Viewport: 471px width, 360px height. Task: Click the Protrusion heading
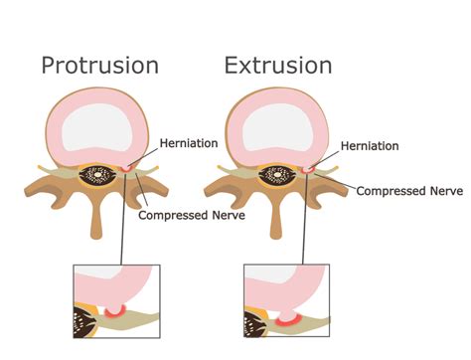click(x=100, y=66)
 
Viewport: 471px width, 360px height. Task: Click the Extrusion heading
click(x=278, y=66)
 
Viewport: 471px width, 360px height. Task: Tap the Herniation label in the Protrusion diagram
click(x=189, y=143)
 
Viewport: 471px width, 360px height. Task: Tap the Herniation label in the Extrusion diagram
click(x=370, y=146)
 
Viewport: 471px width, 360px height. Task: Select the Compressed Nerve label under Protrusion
click(x=192, y=215)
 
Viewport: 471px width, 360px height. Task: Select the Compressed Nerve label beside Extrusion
click(x=409, y=191)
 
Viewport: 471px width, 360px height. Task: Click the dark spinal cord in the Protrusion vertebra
click(x=97, y=174)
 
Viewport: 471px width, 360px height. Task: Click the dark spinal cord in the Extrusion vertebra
click(x=277, y=175)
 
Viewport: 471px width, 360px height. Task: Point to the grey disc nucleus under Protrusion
click(x=97, y=127)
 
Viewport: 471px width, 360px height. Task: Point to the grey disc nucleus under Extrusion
click(x=277, y=127)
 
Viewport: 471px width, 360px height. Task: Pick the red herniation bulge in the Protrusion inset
click(x=115, y=311)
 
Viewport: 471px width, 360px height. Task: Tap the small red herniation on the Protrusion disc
click(x=126, y=168)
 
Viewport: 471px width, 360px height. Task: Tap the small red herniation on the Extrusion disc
click(x=308, y=169)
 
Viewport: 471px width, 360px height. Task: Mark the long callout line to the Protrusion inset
click(x=123, y=219)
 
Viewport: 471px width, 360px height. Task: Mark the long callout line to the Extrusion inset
click(x=305, y=219)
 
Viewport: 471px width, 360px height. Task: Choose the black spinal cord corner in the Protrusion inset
click(x=83, y=322)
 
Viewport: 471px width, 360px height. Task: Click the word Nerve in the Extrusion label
click(x=446, y=191)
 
